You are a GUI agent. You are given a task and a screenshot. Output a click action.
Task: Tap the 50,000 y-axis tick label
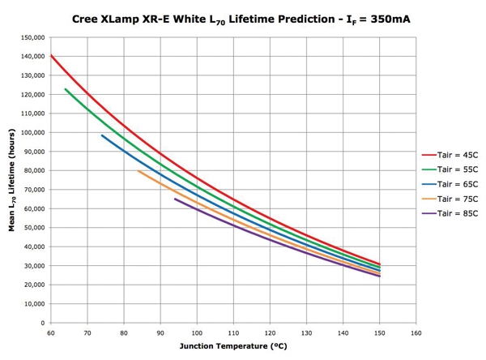coord(32,228)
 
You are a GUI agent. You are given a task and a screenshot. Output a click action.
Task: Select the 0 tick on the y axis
coord(42,323)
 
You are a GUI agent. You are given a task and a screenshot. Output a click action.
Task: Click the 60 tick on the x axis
coord(50,332)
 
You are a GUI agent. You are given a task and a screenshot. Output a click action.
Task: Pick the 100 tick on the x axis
coord(197,332)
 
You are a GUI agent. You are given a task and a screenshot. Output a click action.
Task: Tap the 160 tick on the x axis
coord(416,332)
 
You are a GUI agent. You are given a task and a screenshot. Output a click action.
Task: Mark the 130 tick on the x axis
coord(306,332)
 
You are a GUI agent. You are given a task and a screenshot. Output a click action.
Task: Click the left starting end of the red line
coord(51,55)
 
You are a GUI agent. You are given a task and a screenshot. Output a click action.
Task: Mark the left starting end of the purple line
coord(175,199)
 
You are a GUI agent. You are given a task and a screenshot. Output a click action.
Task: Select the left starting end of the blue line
coord(102,135)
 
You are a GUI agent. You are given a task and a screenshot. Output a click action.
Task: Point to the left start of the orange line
coord(139,170)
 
